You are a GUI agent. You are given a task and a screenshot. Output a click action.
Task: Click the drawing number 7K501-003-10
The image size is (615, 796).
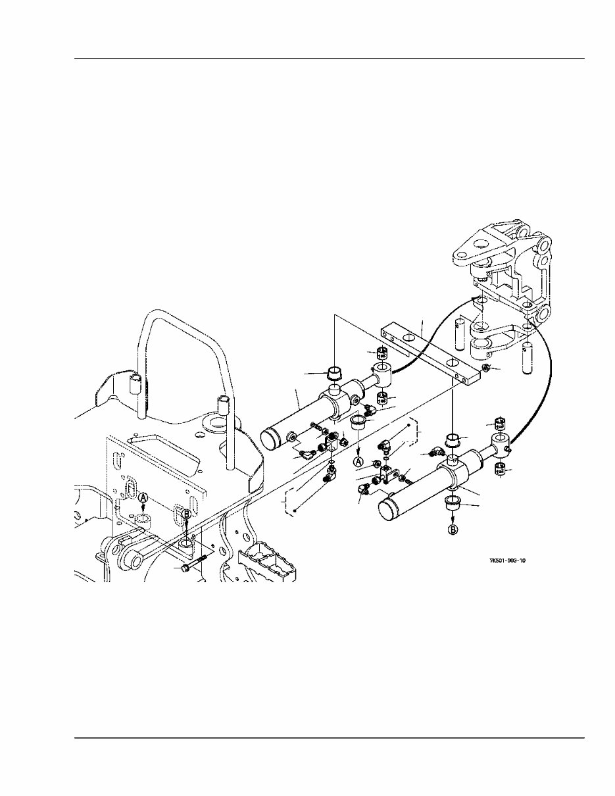click(x=508, y=560)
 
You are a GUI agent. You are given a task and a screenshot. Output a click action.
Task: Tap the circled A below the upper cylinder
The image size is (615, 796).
click(x=358, y=462)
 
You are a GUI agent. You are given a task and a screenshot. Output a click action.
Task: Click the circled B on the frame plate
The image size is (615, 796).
click(x=185, y=516)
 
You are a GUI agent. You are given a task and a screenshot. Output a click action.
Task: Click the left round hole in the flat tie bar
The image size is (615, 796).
click(x=409, y=337)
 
